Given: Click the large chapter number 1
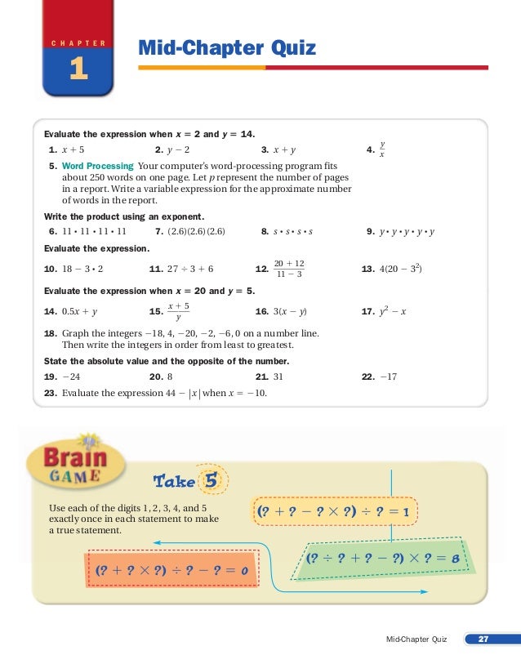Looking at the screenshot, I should click(x=79, y=71).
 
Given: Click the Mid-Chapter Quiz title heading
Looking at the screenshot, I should click(x=226, y=50).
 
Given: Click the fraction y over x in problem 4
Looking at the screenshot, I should click(x=382, y=149).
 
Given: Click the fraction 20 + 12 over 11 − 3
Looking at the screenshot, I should click(x=289, y=268).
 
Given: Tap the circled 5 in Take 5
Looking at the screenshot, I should click(x=214, y=479).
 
